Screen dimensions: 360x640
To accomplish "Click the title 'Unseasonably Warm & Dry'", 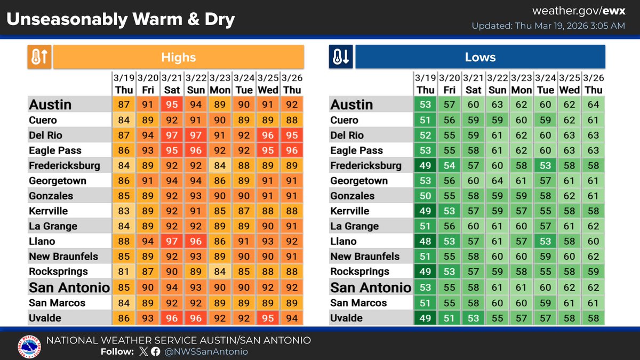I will tap(121, 20).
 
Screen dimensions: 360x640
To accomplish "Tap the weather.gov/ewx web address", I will tap(578, 11).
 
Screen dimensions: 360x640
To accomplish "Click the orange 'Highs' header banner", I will tap(179, 57).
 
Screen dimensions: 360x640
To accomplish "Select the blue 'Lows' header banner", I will tap(480, 57).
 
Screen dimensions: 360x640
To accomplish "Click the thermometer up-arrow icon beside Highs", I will tap(39, 57).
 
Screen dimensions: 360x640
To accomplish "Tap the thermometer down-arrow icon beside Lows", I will tap(341, 57).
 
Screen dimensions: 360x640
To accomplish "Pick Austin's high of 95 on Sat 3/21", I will tap(172, 105).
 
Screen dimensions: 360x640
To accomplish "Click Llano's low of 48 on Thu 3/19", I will tap(426, 242).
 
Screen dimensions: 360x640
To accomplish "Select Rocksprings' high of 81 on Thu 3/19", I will tap(124, 272).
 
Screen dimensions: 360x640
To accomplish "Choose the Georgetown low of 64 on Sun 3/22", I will tap(498, 181).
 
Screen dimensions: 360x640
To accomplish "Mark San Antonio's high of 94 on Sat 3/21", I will tap(172, 287).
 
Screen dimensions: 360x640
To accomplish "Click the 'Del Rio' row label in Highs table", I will tap(46, 135).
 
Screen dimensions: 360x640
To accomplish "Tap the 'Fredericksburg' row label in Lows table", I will tap(366, 165).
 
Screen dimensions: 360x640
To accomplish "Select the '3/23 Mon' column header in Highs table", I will tap(220, 84).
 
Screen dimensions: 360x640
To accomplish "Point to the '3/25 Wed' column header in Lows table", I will tap(570, 84).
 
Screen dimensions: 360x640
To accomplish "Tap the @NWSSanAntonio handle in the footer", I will tap(206, 351).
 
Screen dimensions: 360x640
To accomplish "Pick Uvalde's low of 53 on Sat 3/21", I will tap(474, 318).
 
